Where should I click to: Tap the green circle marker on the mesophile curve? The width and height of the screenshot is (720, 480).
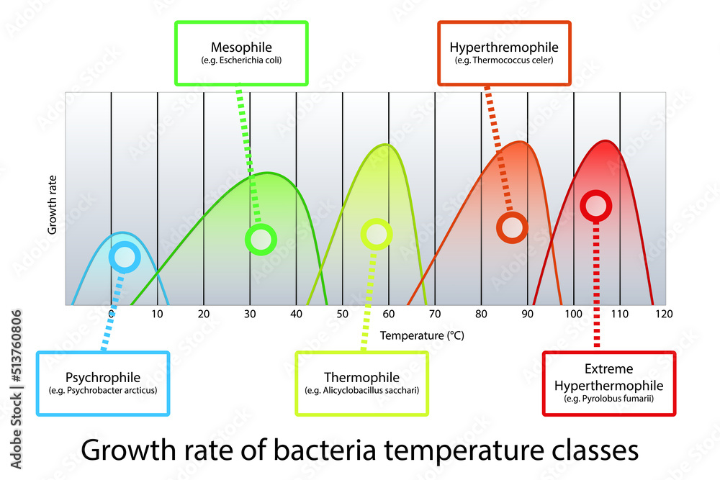coord(260,239)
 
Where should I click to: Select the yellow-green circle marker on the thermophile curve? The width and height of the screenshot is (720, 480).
coord(376,234)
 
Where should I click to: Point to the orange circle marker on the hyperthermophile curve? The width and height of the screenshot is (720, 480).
coord(512,227)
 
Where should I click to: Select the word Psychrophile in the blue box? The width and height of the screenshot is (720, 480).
coord(103,377)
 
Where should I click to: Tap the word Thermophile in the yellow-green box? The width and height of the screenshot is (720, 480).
coord(361,377)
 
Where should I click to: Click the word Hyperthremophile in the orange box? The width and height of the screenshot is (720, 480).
coord(504,47)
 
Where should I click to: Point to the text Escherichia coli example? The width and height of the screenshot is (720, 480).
coord(241,60)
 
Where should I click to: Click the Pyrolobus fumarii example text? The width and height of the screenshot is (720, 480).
coord(608,399)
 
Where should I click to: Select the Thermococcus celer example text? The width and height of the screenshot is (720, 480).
coord(504,60)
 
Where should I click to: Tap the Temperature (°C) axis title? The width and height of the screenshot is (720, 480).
coord(415,335)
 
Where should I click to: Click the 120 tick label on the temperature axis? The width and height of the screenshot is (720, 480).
coord(664,314)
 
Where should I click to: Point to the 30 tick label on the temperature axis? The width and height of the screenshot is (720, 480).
coord(249,314)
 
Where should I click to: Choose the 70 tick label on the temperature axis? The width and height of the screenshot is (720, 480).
coord(435,314)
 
